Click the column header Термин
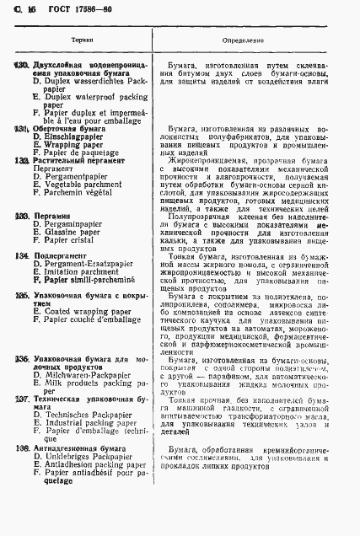[82, 40]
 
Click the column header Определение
[243, 40]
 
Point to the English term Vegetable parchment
[83, 184]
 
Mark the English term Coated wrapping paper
[86, 312]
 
